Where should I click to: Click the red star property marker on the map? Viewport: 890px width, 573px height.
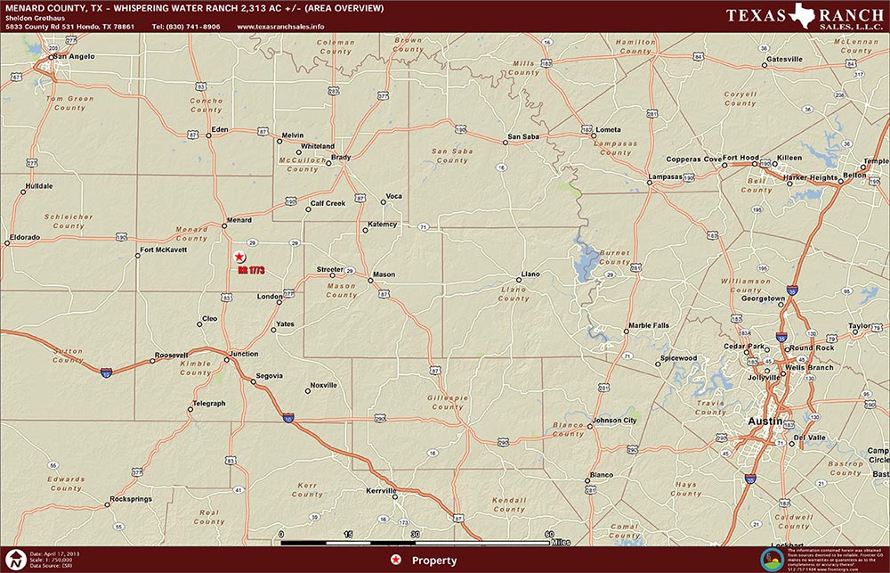239,257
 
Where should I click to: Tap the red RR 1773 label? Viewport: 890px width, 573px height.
252,268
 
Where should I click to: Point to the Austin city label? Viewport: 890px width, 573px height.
765,420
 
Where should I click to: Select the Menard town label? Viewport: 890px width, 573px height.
239,220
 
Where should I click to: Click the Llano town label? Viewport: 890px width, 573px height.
530,274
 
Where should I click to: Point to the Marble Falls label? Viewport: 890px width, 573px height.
649,325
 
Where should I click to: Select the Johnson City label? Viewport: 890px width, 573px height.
614,420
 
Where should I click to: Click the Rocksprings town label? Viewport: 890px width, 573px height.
133,498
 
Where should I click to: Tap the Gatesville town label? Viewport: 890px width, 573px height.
784,59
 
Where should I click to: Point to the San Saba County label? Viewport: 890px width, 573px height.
451,156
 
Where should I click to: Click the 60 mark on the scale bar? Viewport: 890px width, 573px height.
548,534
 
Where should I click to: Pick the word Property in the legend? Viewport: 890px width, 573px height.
434,561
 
